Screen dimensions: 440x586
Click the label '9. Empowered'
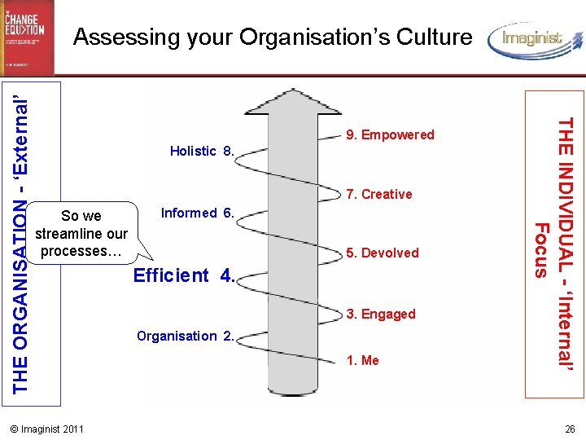coord(390,135)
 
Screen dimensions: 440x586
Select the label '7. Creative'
coord(378,195)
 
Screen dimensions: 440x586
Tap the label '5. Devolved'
coord(382,253)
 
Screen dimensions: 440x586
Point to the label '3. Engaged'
coord(380,315)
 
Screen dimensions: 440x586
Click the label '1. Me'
coord(362,361)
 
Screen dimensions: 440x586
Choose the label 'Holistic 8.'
coord(202,152)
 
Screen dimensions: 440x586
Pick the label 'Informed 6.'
coord(198,213)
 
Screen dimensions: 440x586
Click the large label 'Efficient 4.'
coord(183,275)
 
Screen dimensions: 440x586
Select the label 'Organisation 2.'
coord(186,337)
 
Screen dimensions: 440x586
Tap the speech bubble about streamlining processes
coord(81,234)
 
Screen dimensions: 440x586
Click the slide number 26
coord(570,429)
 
